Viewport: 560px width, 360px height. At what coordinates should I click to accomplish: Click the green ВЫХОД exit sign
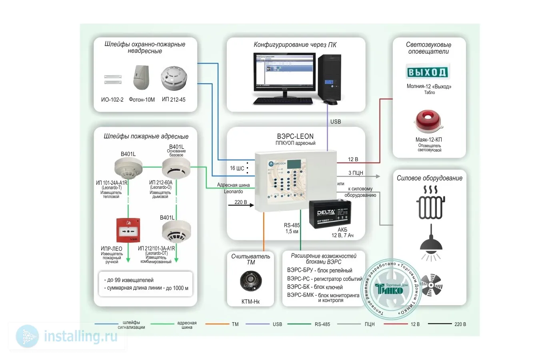tap(428, 72)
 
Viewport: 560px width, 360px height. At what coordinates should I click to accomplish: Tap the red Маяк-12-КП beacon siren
tap(428, 121)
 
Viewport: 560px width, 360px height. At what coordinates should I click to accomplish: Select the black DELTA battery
tap(330, 214)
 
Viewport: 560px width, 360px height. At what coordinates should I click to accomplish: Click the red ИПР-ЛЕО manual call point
tap(128, 230)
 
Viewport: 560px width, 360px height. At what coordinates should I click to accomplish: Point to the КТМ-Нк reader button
tap(251, 281)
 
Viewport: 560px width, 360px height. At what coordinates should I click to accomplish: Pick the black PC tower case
tap(330, 77)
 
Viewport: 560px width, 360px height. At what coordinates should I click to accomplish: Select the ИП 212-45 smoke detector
tap(174, 78)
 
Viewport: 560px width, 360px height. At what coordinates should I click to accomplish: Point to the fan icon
tap(432, 285)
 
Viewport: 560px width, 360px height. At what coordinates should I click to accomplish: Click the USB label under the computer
tap(336, 122)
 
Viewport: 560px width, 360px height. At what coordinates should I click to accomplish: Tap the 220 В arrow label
tap(240, 202)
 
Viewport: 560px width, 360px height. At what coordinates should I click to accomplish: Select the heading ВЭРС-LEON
tap(295, 136)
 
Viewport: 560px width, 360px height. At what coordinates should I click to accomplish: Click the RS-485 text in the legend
tap(322, 324)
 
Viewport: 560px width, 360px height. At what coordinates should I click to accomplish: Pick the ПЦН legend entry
tap(370, 324)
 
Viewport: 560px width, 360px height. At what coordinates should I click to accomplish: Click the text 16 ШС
tap(237, 168)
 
